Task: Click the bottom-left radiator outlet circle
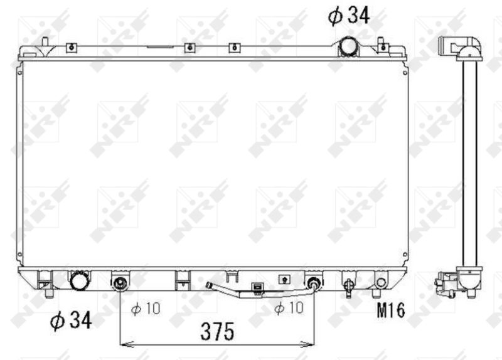(80, 281)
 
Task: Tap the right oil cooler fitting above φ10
(314, 283)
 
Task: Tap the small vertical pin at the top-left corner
(45, 42)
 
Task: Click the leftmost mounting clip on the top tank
(72, 46)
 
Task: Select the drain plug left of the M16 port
(348, 283)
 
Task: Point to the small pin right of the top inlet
(380, 43)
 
